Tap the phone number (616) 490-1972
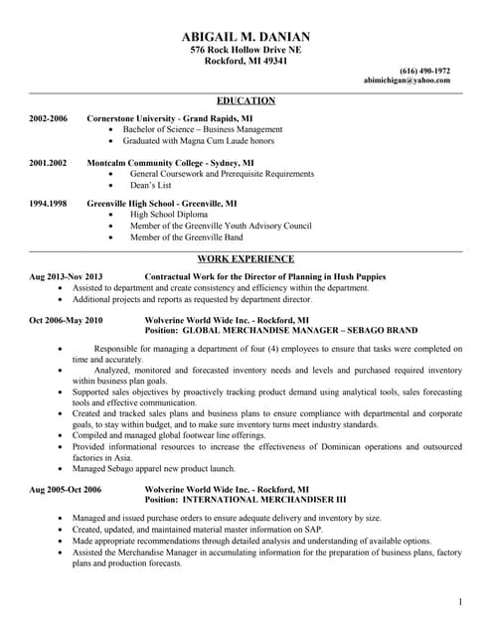point(424,71)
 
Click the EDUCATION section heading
point(246,100)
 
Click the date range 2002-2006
point(48,117)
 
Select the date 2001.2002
point(48,160)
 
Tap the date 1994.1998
point(48,203)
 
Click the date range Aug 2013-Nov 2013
point(67,276)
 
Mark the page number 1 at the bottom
point(461,602)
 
